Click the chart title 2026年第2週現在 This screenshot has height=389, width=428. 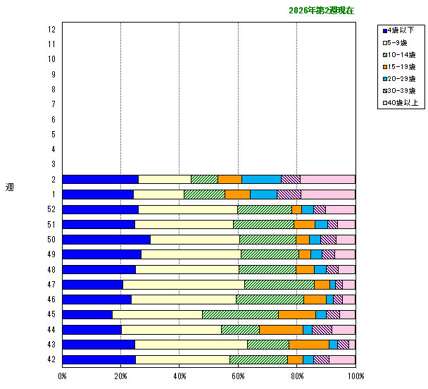click(x=321, y=11)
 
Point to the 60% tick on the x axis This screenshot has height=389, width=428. click(x=238, y=376)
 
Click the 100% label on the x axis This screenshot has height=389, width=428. click(x=355, y=376)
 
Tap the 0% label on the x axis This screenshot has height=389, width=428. click(x=63, y=376)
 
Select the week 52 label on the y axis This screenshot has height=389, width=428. click(x=51, y=209)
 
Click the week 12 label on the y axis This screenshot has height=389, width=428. click(x=51, y=29)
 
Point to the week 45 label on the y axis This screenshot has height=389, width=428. click(x=51, y=314)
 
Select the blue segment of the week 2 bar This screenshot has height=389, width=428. click(x=100, y=179)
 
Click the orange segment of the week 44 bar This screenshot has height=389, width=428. click(x=281, y=329)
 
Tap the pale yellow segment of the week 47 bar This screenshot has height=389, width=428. click(x=183, y=284)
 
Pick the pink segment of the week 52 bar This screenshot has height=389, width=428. click(x=340, y=209)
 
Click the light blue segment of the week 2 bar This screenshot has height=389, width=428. click(x=261, y=179)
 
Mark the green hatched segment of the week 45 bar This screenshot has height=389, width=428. click(x=240, y=314)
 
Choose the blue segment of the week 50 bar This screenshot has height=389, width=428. click(x=106, y=239)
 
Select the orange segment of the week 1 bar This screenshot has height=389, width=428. click(x=237, y=194)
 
